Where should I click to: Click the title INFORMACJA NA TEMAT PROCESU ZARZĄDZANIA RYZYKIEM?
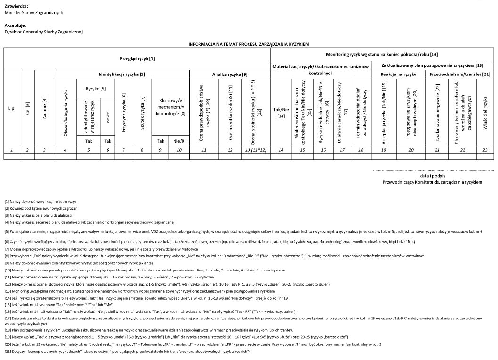tap(249, 44)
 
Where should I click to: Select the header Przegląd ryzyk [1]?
tap(137, 59)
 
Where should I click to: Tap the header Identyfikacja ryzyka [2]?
tap(122, 74)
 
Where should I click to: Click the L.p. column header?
tap(12, 108)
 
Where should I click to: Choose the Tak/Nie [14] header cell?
tap(281, 113)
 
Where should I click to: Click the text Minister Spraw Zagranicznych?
tap(34, 12)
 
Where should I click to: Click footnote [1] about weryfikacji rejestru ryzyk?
tap(41, 202)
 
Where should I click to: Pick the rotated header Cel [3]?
tap(28, 108)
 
